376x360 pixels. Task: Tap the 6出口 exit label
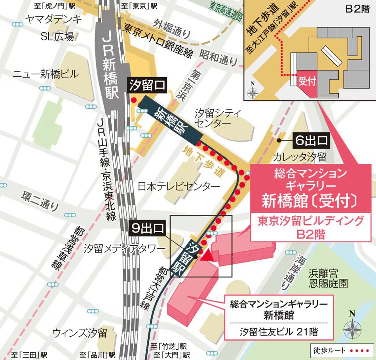(311, 140)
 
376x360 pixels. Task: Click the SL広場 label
(57, 37)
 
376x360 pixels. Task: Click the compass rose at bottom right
(352, 326)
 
